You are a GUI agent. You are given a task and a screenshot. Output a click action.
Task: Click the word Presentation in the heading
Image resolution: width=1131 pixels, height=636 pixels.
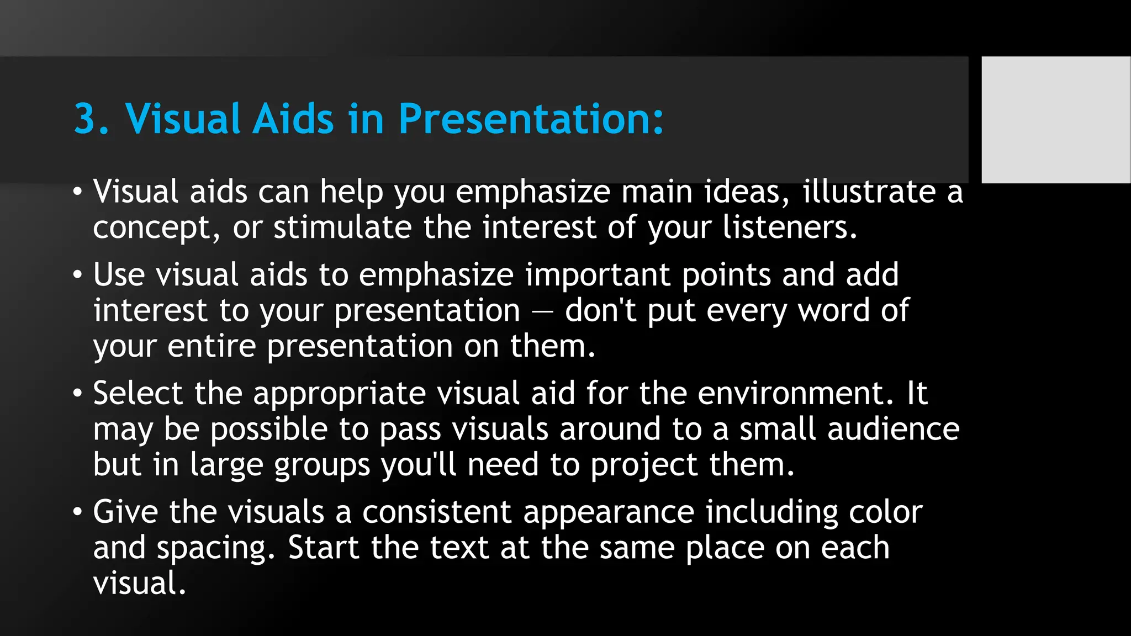(530, 119)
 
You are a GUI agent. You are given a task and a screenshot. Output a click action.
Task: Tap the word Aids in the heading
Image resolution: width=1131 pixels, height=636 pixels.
(293, 119)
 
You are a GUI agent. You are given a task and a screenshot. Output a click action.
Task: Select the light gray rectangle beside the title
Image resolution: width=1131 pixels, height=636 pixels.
(1055, 119)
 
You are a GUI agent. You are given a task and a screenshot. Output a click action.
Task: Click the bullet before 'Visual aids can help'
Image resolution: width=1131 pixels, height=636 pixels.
(77, 193)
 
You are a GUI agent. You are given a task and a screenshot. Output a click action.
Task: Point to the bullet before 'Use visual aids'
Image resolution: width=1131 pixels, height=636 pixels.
(77, 275)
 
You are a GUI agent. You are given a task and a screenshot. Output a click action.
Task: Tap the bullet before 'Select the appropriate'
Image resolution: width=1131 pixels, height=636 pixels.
(77, 394)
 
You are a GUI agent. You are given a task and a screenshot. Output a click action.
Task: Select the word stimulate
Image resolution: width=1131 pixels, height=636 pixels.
(342, 227)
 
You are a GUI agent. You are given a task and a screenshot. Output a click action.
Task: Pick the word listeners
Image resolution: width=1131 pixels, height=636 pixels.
(789, 227)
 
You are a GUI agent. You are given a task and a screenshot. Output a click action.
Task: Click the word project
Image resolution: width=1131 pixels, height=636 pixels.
(643, 465)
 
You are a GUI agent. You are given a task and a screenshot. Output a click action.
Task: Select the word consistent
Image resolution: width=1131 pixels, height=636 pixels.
(436, 512)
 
